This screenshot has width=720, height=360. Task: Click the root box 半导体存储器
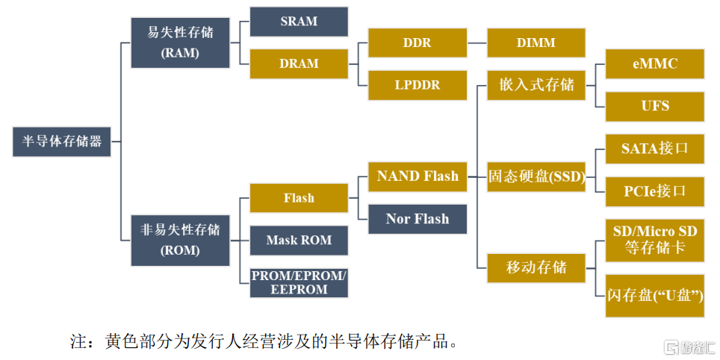[x=61, y=142]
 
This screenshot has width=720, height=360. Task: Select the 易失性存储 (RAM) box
[x=181, y=43]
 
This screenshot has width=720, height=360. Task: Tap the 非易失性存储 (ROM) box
[x=181, y=240]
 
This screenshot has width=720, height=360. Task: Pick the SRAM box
[x=299, y=22]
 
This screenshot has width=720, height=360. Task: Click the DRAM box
[x=299, y=63]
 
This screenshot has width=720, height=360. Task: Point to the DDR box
[x=418, y=43]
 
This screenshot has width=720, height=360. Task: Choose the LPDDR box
[x=418, y=85]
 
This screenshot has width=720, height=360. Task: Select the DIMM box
[x=536, y=43]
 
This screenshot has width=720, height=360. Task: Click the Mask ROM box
[x=299, y=240]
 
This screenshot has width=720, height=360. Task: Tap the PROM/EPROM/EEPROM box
[x=299, y=283]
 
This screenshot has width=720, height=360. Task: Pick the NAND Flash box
[x=418, y=177]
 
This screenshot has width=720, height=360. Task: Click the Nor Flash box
[x=418, y=219]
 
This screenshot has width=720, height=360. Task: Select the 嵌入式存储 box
[x=536, y=85]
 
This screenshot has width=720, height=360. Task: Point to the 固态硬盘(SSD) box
[x=536, y=177]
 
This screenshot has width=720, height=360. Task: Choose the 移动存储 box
[x=536, y=267]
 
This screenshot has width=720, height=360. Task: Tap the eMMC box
[x=655, y=63]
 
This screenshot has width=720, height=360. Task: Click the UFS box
[x=655, y=107]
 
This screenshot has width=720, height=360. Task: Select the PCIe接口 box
[x=655, y=191]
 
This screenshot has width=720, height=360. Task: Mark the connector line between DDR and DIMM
[x=477, y=43]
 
